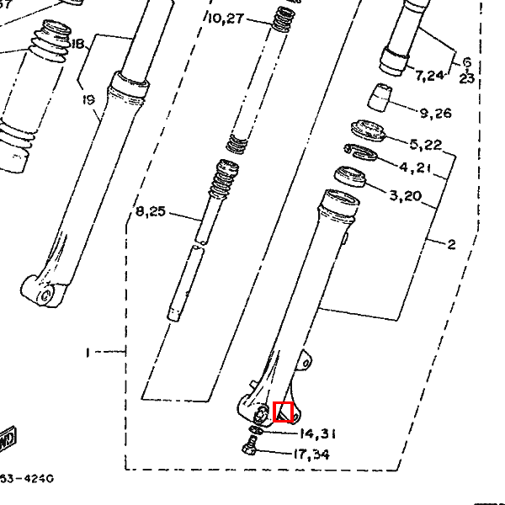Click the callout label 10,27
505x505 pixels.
pos(224,18)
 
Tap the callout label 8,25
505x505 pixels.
pos(151,211)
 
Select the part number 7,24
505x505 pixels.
pos(428,77)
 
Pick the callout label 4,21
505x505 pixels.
pos(416,167)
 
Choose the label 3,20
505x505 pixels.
pos(407,196)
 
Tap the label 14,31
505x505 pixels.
pos(318,433)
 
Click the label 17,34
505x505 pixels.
pos(311,454)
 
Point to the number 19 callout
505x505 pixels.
pos(89,100)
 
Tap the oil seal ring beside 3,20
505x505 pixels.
pos(349,178)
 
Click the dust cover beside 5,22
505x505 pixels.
pos(368,130)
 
